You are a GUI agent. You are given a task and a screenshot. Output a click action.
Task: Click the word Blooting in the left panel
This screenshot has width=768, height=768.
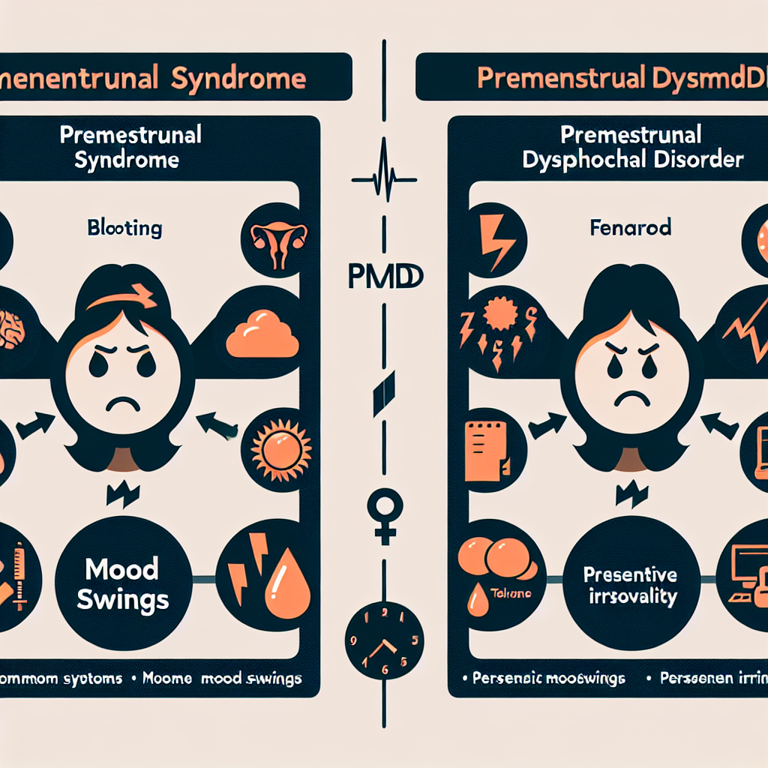tap(124, 228)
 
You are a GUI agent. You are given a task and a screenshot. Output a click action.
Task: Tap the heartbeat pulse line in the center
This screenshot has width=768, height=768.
tap(384, 178)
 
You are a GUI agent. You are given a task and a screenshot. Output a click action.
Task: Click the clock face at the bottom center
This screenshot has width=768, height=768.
tap(384, 643)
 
